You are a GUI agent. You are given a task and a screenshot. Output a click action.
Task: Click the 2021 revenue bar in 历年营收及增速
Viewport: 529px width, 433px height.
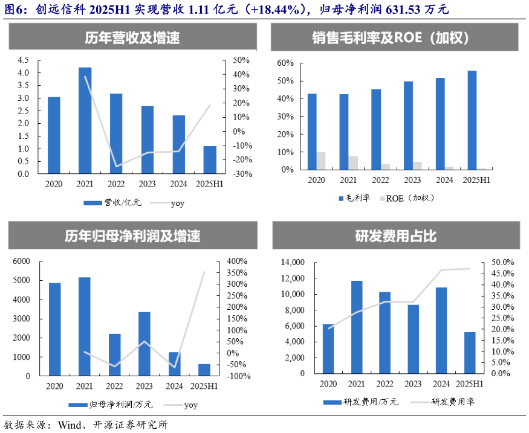(85, 121)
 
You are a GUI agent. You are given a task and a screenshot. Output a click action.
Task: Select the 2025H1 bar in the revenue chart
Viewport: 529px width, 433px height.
(209, 160)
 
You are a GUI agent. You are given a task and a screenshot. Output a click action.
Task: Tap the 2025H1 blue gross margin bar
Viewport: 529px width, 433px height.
(472, 120)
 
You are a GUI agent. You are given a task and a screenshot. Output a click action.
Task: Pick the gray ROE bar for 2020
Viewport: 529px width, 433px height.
(321, 161)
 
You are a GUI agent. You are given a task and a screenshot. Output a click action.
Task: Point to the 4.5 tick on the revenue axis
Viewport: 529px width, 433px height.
(23, 60)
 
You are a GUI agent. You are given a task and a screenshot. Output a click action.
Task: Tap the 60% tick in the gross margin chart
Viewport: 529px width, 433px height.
(285, 63)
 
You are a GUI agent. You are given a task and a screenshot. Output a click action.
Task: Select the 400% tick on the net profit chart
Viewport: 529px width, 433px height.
(237, 261)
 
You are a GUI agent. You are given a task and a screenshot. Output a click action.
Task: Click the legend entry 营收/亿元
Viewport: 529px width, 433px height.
(124, 203)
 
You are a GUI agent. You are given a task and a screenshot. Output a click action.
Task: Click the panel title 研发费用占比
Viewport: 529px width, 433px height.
(395, 236)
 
